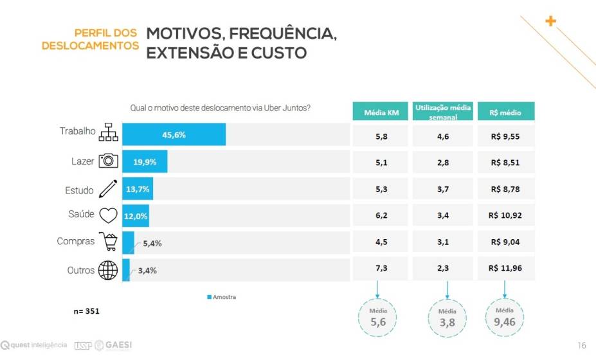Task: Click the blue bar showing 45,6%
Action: (174, 135)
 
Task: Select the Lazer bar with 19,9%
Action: (145, 161)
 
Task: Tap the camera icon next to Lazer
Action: (108, 161)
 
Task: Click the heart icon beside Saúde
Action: (108, 215)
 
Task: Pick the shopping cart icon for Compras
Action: (107, 242)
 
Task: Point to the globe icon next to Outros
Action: (108, 271)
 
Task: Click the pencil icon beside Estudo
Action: (108, 189)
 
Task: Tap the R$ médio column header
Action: (505, 112)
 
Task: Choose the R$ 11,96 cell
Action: (505, 268)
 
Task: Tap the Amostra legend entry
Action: (222, 297)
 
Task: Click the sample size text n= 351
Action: (86, 311)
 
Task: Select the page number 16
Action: (581, 346)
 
